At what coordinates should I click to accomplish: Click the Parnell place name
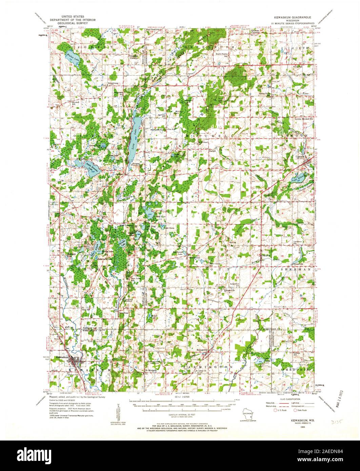pos(212,151)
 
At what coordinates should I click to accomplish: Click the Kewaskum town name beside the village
pos(62,357)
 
